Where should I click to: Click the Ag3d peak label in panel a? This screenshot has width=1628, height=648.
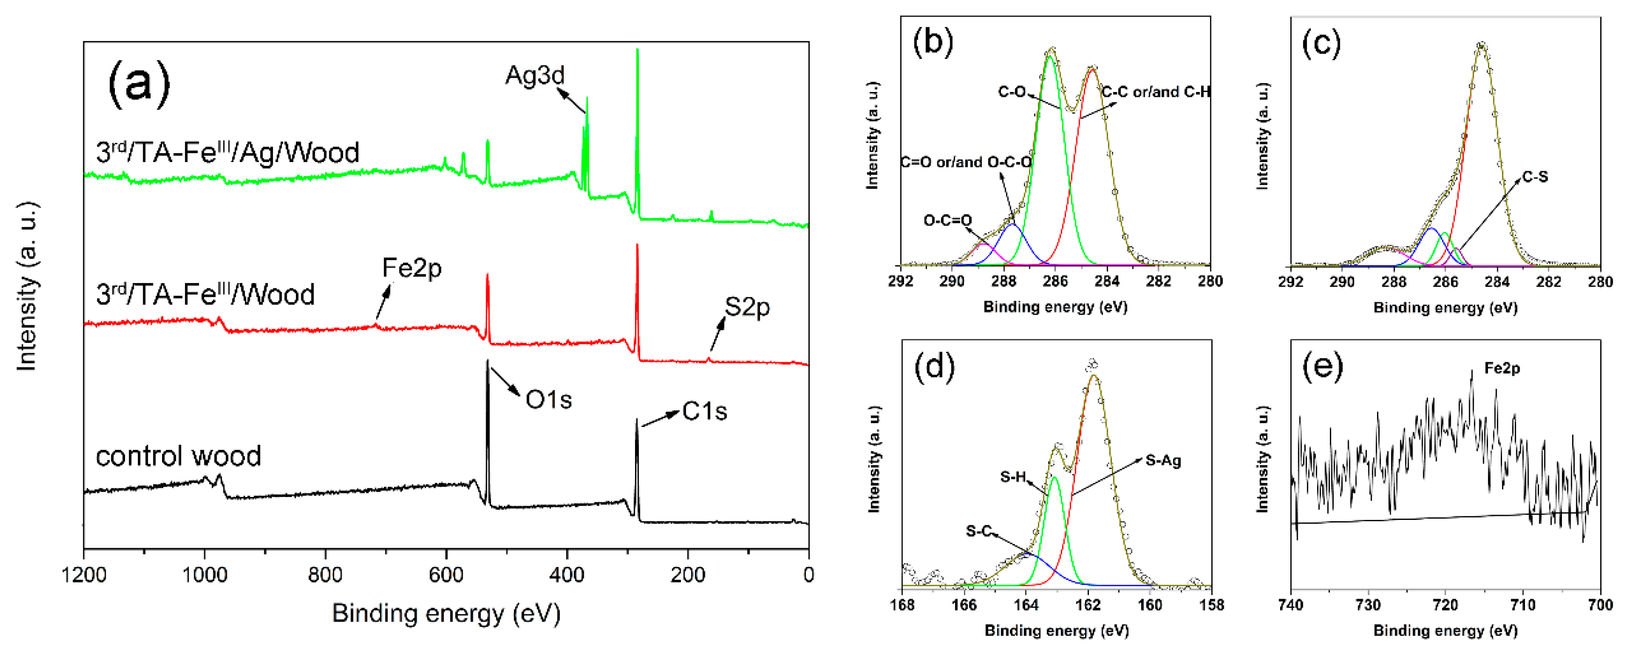(535, 76)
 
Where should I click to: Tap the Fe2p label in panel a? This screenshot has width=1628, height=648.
(411, 269)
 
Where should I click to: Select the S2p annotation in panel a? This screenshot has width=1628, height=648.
(746, 308)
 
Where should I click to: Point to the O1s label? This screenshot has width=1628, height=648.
(548, 400)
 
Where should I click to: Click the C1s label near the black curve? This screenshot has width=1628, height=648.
(704, 412)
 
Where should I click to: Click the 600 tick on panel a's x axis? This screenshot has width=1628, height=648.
(446, 575)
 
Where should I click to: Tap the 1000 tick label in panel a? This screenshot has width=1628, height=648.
(204, 575)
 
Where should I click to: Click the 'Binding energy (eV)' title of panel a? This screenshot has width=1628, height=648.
(446, 613)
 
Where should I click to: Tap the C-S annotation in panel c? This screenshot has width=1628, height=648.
(1535, 177)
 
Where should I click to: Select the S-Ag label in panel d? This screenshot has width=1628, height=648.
(1163, 460)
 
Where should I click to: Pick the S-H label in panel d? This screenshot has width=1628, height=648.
(1012, 477)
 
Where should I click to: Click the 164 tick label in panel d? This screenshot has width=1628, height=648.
(1025, 605)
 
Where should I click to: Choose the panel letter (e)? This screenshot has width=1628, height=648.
(1323, 368)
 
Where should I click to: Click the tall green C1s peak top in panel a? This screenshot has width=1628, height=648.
(637, 51)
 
